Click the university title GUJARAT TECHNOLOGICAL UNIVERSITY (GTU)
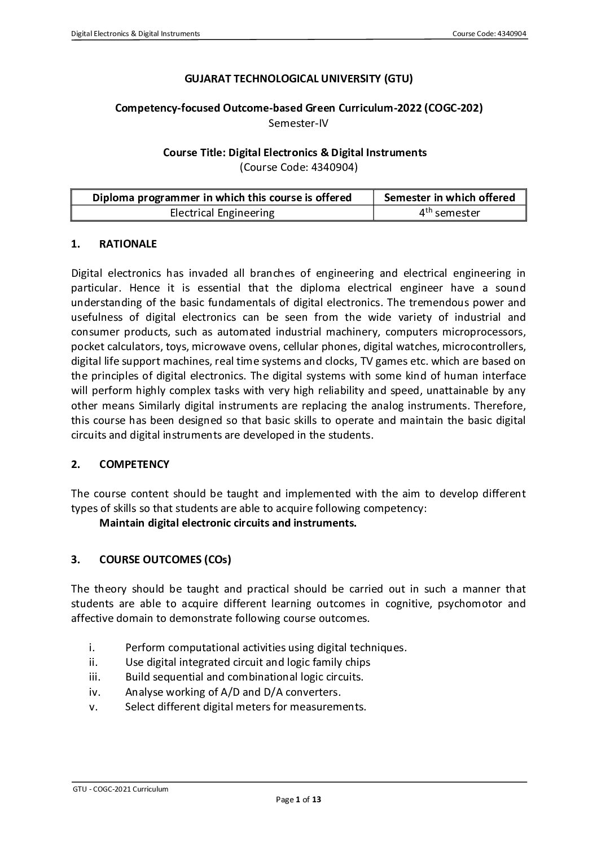(298, 79)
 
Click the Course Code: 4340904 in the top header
(489, 34)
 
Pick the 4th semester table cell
(449, 213)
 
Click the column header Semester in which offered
(449, 197)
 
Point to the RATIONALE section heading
(128, 244)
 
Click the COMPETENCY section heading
(134, 464)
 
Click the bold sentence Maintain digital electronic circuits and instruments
(228, 523)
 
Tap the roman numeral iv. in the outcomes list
(94, 691)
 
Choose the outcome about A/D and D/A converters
(232, 691)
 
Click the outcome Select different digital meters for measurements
(245, 706)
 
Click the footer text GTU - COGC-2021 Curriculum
(121, 789)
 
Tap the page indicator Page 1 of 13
(298, 799)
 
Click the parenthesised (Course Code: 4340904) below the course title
(298, 167)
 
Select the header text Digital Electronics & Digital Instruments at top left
(135, 34)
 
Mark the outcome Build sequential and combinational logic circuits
(244, 677)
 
